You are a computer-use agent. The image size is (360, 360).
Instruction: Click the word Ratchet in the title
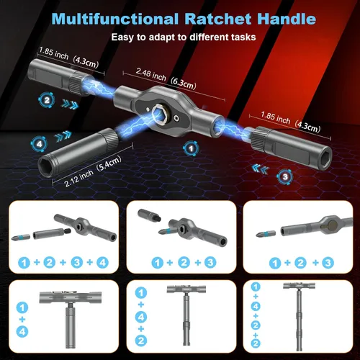point(219,19)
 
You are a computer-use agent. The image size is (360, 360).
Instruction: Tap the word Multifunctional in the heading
point(115,19)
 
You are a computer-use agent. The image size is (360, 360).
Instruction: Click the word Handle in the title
point(287,19)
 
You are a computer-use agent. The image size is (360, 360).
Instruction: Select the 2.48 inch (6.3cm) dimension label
point(166,78)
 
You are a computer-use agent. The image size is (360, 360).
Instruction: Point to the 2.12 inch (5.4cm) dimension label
point(93,171)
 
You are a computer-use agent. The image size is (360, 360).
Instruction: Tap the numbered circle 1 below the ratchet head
point(192,148)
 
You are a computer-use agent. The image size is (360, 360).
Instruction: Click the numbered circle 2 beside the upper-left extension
point(47,100)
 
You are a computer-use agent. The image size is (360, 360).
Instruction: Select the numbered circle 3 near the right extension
point(285,177)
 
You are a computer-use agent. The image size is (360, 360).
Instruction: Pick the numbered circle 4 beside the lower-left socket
point(39,144)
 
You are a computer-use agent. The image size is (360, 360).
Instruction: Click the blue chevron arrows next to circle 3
point(261,168)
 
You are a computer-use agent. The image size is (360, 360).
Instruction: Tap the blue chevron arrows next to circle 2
point(70,104)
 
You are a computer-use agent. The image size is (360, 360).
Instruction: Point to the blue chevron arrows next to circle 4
point(63,137)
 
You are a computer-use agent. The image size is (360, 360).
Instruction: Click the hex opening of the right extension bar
point(325,156)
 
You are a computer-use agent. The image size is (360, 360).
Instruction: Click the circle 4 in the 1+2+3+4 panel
point(102,263)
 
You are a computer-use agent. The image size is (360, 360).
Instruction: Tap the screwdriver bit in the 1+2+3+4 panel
point(21,237)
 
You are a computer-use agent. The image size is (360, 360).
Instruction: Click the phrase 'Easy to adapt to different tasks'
point(184,37)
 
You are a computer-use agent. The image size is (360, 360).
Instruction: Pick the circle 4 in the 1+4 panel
point(22,332)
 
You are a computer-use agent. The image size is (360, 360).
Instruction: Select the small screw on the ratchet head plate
point(176,118)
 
